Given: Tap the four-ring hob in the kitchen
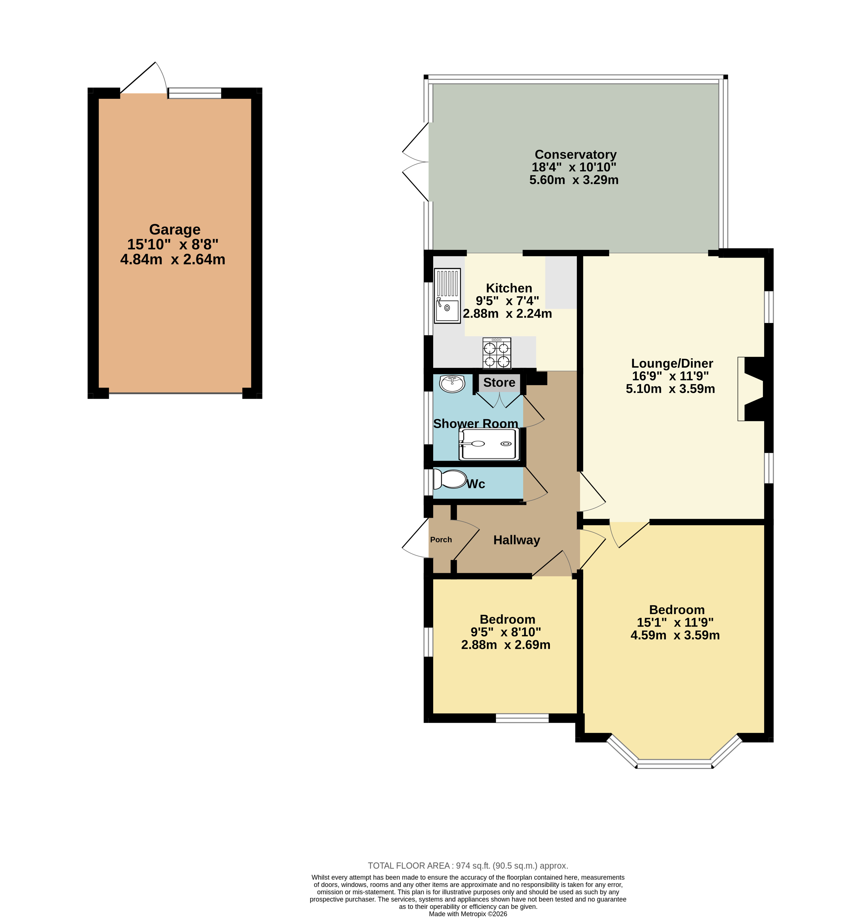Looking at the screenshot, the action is (497, 353).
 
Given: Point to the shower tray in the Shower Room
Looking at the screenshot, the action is (489, 444).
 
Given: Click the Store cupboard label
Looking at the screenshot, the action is (499, 382).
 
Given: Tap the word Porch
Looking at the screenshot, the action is (441, 540).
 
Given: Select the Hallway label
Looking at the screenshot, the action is (517, 540).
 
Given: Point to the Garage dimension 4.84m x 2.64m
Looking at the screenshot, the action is (173, 259).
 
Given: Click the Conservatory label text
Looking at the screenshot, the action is (575, 155).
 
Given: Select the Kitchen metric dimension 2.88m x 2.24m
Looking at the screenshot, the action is (507, 314).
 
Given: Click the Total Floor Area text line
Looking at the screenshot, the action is (468, 866).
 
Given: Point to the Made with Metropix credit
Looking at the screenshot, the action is (468, 914).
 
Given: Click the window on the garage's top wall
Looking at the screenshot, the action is (195, 93).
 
